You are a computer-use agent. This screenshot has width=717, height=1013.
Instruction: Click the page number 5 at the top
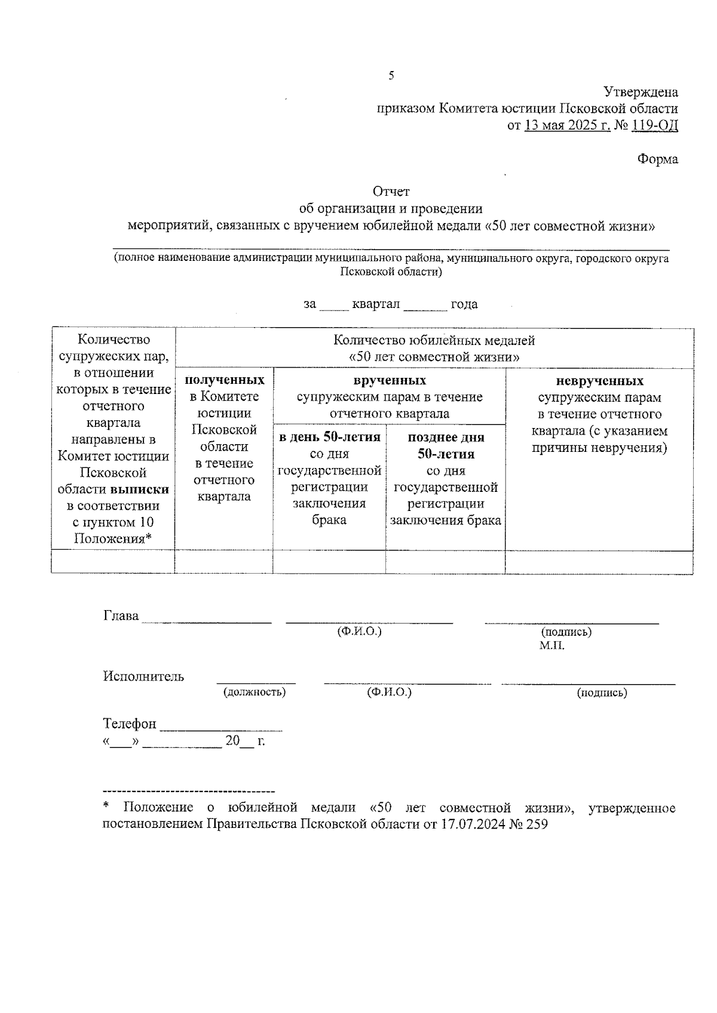pos(391,75)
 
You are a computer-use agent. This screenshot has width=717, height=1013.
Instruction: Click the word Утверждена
pos(641,93)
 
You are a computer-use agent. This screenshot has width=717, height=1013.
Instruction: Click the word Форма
pos(657,159)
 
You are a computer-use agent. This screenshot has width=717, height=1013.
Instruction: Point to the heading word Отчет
pos(391,192)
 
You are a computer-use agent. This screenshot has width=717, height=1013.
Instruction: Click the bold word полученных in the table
pos(224,380)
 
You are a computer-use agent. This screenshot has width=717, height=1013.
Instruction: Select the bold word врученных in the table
pos(389,380)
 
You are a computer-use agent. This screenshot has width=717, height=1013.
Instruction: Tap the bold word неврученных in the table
pos(599,381)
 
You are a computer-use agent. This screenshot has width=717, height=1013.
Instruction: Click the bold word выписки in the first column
pos(139,489)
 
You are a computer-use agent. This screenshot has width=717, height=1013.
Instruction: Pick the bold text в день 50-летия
pos(329,437)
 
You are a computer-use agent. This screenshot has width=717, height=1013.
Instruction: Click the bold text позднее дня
pos(446,437)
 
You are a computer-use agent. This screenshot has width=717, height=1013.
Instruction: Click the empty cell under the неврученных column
pos(599,562)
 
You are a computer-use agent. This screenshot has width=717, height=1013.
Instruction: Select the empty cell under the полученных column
pos(224,562)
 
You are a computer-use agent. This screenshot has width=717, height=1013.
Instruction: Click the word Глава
pos(121,615)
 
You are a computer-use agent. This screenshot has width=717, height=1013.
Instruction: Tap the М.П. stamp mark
pos(551,646)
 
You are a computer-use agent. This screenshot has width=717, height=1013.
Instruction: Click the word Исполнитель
pos(143,676)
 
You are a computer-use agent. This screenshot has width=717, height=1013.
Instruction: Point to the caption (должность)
pos(255,692)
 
